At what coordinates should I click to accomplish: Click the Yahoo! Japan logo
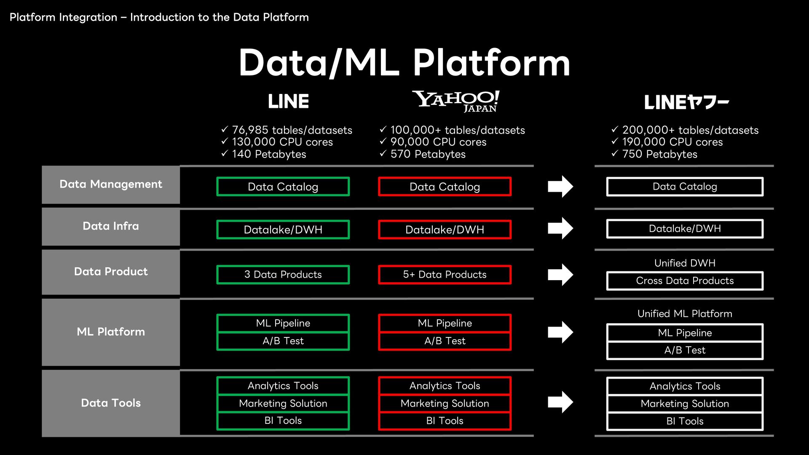456,102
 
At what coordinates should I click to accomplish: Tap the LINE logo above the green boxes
289,102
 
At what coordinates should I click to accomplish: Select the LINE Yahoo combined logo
686,102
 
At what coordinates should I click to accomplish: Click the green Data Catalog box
283,187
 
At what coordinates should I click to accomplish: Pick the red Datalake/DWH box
445,230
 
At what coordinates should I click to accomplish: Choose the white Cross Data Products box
685,281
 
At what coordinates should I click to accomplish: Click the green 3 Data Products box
283,275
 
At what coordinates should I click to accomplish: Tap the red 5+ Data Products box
445,275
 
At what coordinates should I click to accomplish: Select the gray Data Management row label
111,185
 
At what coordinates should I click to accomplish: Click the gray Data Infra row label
111,227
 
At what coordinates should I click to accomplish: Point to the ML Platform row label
111,332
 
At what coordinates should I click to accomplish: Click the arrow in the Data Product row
560,275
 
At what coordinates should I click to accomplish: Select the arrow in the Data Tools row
560,402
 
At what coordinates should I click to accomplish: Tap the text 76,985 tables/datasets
292,130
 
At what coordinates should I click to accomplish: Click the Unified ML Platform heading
685,314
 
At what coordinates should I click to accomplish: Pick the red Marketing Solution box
445,403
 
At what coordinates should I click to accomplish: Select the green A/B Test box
283,341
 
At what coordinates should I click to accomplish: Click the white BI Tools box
685,421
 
